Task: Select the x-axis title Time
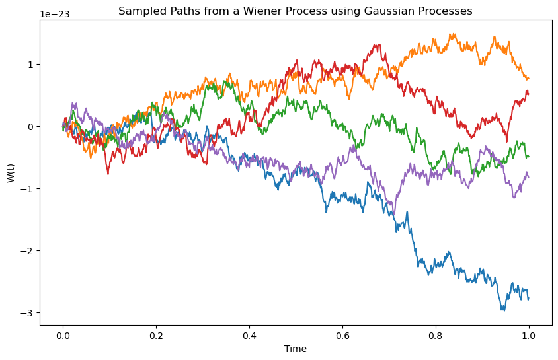click(296, 349)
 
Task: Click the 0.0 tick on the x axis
click(63, 335)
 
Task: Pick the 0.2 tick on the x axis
click(156, 335)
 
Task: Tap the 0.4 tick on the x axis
click(249, 335)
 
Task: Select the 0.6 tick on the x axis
click(342, 335)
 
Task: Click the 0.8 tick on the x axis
click(436, 335)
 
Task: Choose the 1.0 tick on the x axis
click(529, 335)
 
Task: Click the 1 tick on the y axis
click(30, 64)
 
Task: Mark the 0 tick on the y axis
click(30, 126)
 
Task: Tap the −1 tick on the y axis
click(28, 189)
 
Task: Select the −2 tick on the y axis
click(28, 251)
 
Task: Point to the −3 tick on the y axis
click(28, 313)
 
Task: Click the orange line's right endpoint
click(529, 78)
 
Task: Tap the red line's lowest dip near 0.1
click(108, 174)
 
